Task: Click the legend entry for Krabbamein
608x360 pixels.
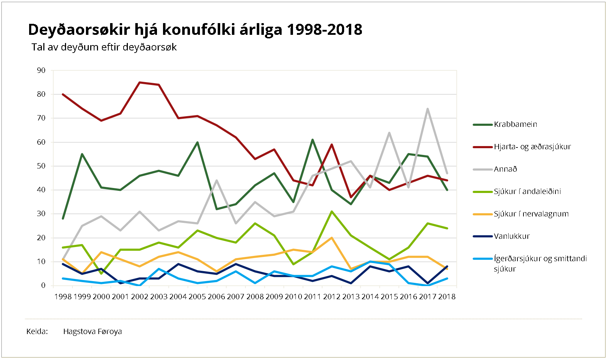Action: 515,124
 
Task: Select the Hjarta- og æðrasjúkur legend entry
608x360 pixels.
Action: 532,147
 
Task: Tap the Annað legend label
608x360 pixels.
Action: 505,169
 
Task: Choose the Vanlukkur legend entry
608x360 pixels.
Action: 511,236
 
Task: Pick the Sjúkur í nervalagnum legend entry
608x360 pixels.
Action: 531,214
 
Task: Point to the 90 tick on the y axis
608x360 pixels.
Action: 41,70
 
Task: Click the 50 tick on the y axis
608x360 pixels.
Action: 41,166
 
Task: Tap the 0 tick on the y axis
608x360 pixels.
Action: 43,285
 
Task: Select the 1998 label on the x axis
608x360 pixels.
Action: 63,297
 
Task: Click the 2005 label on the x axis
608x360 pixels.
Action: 197,297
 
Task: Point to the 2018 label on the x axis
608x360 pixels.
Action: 447,297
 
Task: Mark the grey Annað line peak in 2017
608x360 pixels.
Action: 428,109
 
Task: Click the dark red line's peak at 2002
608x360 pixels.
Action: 140,82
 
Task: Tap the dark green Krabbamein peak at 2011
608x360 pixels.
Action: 313,140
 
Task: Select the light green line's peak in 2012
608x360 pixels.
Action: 332,212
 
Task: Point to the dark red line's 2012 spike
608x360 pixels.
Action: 332,145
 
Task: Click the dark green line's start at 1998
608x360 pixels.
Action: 63,218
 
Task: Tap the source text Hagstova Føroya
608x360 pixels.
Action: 92,332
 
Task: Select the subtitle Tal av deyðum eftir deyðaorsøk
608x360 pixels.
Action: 104,47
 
